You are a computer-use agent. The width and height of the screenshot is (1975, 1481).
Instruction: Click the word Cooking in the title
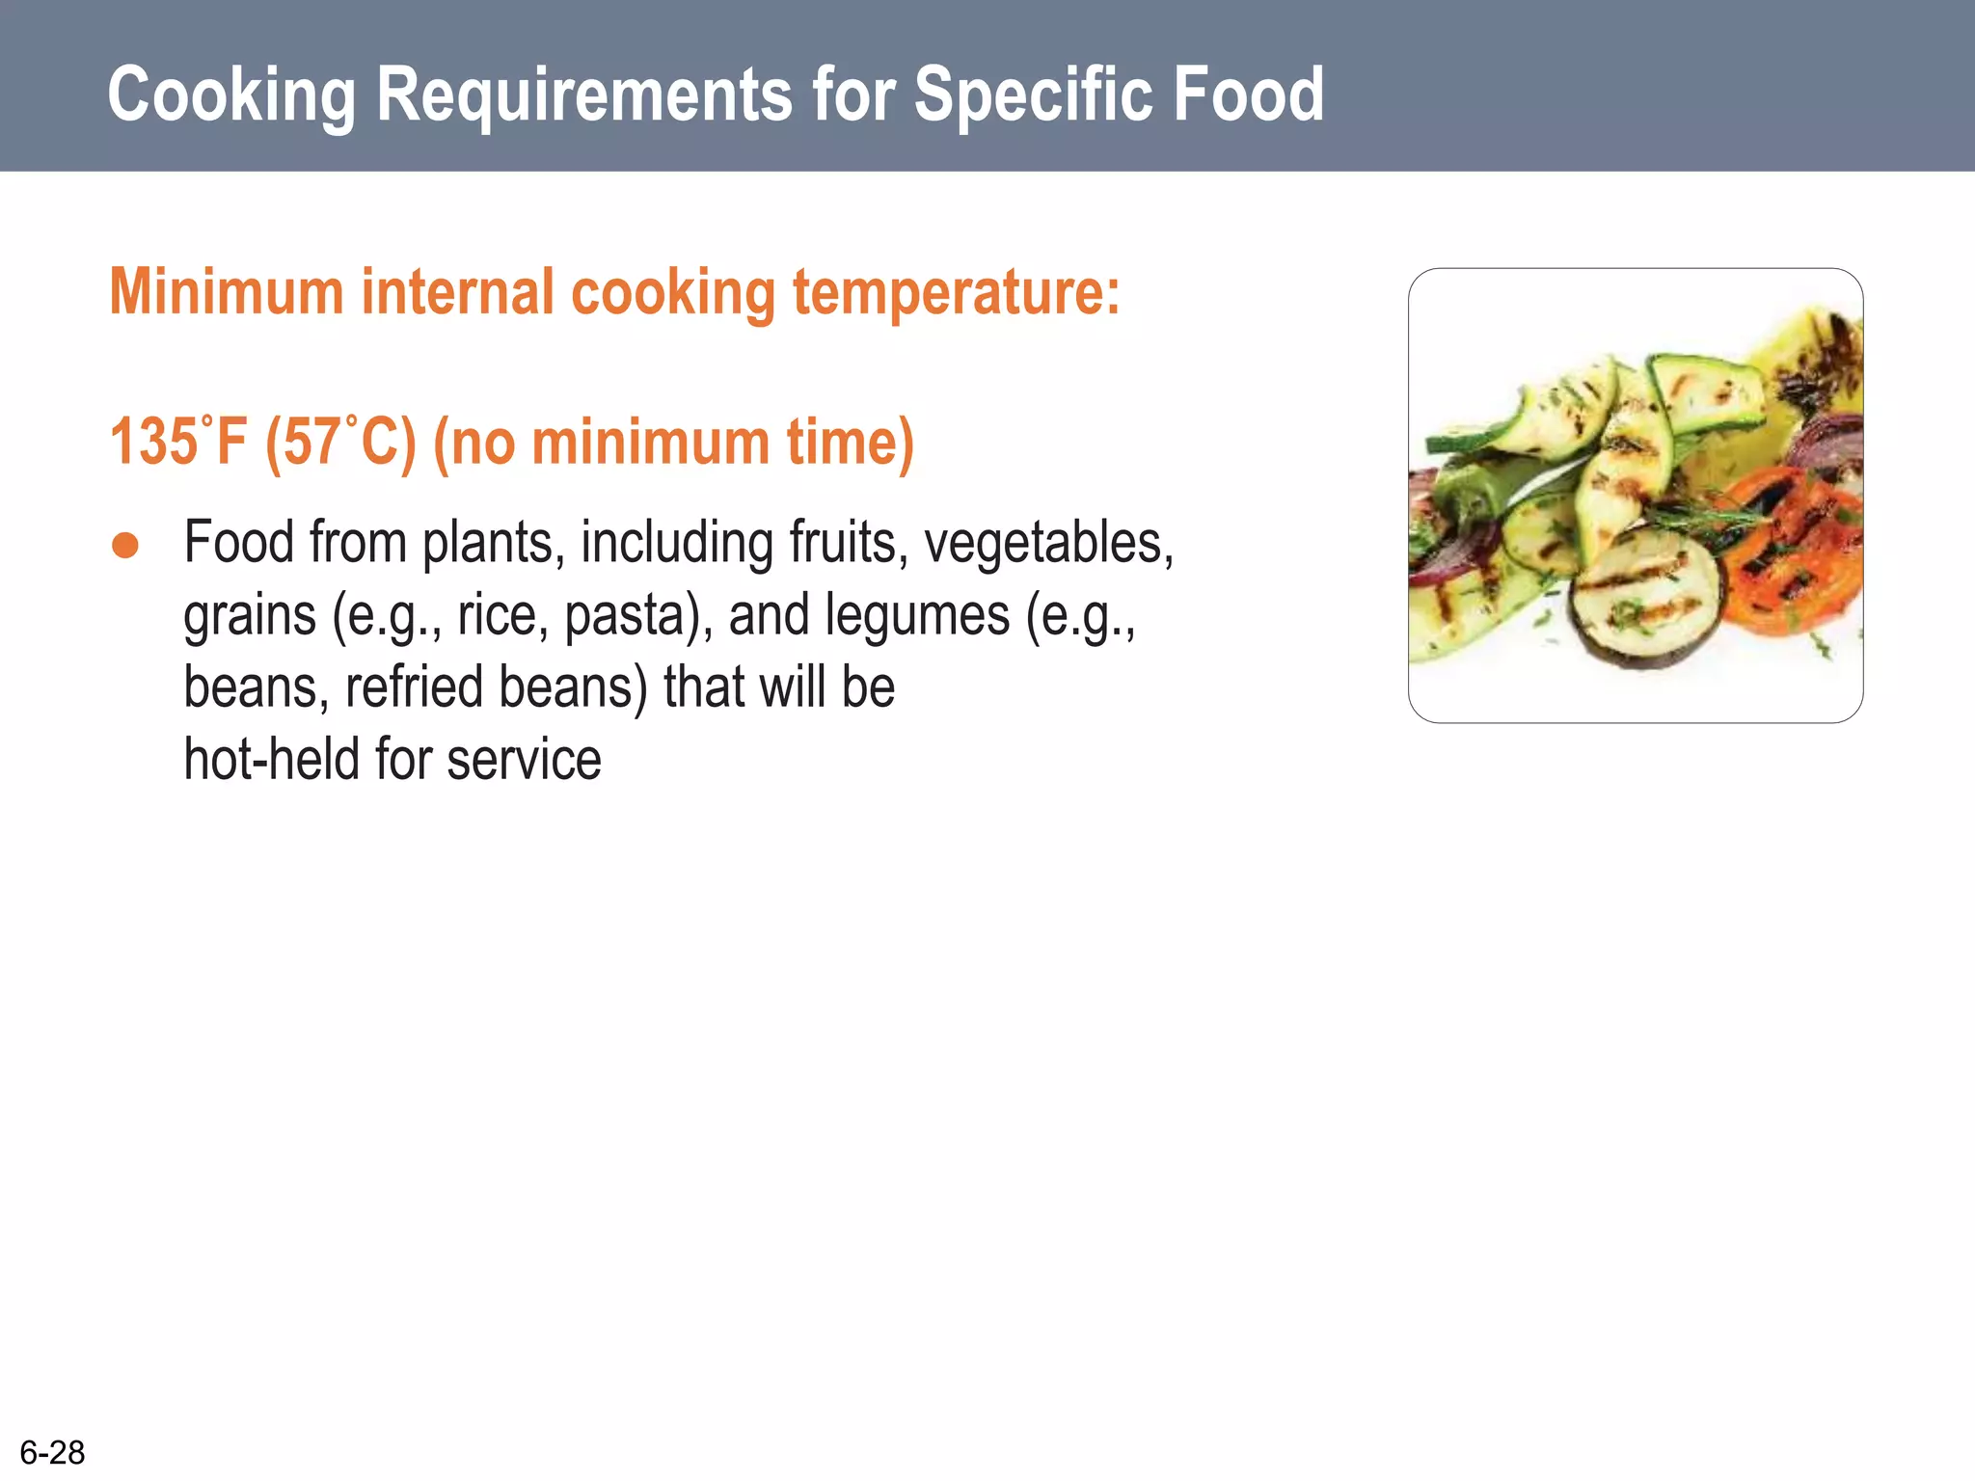click(x=231, y=94)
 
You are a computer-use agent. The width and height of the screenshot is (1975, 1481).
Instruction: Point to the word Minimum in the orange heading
click(x=227, y=291)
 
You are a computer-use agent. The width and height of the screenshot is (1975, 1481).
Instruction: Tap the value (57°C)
click(x=340, y=442)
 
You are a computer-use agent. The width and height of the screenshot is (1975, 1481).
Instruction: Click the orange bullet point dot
click(x=125, y=545)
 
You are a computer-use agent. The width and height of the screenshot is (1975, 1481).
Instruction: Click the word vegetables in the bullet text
click(x=1046, y=542)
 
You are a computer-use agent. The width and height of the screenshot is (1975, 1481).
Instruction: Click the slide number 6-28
click(x=52, y=1452)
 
